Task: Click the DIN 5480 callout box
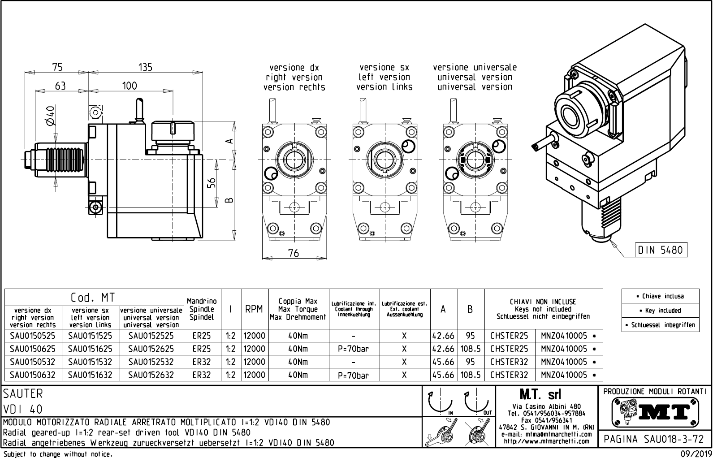tap(661, 250)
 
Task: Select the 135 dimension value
tap(145, 67)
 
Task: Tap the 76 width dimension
tap(293, 253)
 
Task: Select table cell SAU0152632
tap(151, 375)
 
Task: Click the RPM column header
tap(254, 309)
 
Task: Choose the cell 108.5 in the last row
tap(470, 375)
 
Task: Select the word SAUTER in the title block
tap(23, 393)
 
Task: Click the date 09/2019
tap(696, 454)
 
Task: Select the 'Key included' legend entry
tap(660, 311)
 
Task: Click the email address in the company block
tap(547, 434)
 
